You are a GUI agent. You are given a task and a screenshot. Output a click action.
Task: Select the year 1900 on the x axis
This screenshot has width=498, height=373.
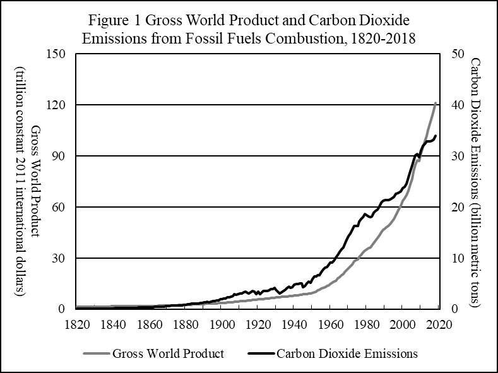[221, 324]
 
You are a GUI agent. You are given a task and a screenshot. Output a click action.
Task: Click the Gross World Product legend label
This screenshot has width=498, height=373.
[167, 353]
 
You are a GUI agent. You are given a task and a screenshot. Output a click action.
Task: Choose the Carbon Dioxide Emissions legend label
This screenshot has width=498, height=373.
[347, 353]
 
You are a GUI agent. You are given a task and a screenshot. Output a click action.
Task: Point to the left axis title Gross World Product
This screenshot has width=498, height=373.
[35, 181]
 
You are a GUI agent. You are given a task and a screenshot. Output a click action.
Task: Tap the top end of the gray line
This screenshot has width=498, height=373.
[436, 102]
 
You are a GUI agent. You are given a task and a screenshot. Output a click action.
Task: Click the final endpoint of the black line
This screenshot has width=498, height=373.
[436, 136]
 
